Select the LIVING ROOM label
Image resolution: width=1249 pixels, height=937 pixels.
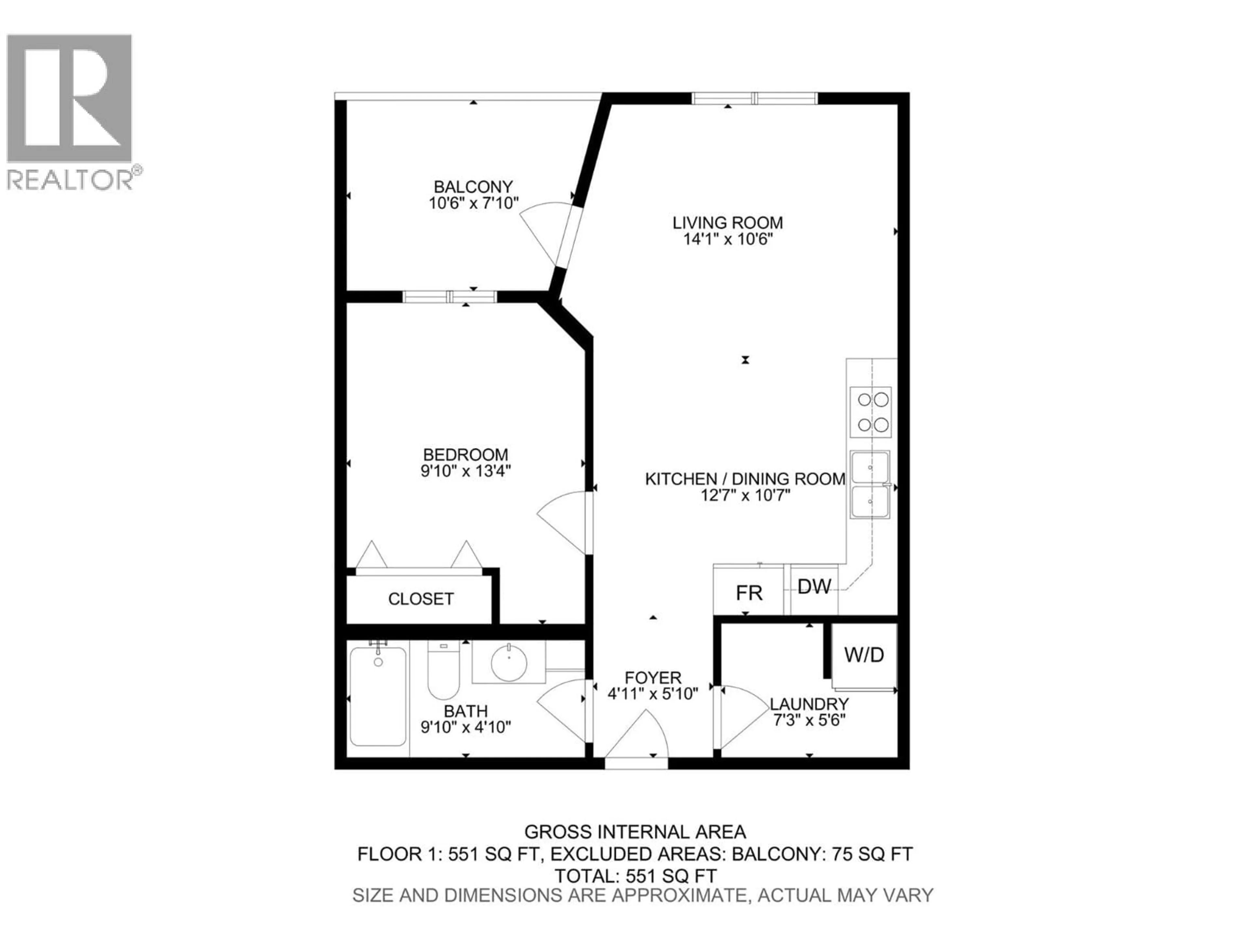click(727, 223)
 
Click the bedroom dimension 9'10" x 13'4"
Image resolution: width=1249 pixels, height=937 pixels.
click(466, 471)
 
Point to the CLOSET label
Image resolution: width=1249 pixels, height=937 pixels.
click(421, 599)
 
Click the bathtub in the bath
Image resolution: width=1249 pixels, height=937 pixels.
click(378, 696)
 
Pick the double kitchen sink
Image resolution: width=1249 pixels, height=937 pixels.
click(870, 484)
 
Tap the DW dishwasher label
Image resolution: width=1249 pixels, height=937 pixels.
click(814, 587)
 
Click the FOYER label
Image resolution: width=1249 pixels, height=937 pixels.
click(653, 677)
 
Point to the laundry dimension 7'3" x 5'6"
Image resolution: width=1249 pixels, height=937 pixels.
click(809, 721)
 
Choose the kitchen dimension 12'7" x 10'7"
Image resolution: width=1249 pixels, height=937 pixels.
click(745, 496)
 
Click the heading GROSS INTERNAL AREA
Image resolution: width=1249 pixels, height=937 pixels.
click(635, 831)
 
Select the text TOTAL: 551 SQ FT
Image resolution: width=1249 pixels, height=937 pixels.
click(635, 876)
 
